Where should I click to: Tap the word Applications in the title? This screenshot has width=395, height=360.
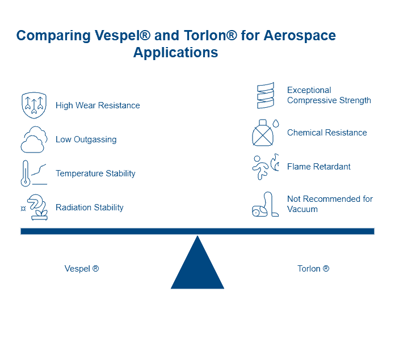tap(175, 53)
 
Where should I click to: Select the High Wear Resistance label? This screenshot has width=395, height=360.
tap(98, 105)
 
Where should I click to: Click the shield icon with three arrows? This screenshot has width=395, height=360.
tap(33, 105)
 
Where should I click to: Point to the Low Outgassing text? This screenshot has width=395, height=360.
tap(86, 139)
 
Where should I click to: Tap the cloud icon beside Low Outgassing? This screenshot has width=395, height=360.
tap(33, 139)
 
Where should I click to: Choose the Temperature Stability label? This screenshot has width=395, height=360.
tap(96, 173)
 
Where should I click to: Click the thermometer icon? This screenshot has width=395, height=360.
tap(26, 173)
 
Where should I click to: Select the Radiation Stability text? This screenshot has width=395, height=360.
tap(90, 207)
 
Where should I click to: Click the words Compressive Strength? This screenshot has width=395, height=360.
tap(329, 100)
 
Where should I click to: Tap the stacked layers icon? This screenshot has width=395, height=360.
tap(266, 95)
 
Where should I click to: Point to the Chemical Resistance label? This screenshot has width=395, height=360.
tap(327, 133)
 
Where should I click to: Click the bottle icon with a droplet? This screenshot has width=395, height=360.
tap(265, 133)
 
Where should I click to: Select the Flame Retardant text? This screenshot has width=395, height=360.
tap(319, 167)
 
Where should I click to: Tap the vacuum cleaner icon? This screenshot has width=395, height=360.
tap(265, 205)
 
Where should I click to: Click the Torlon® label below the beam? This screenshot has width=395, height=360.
tap(314, 269)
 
